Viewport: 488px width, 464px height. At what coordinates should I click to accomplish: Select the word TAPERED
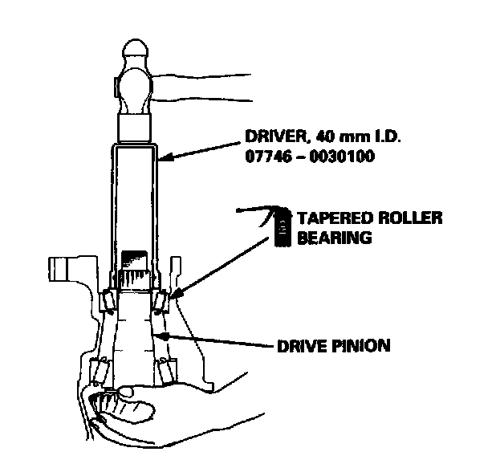[x=328, y=218]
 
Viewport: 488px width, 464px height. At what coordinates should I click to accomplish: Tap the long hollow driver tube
[x=133, y=201]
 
